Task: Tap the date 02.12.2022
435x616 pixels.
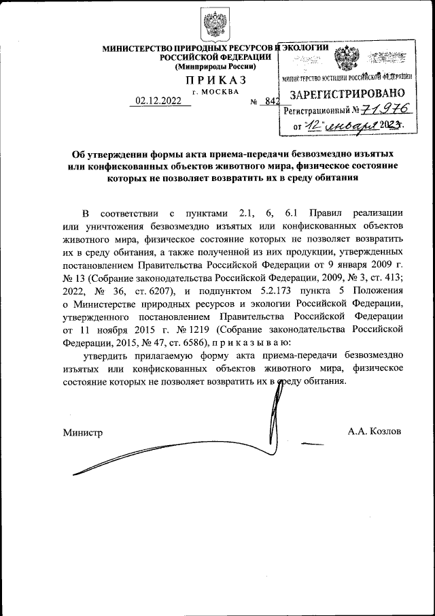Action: click(x=159, y=101)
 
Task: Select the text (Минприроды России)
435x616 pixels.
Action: click(x=215, y=67)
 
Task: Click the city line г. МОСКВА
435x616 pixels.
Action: click(x=215, y=91)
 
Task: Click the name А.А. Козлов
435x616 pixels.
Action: click(x=374, y=432)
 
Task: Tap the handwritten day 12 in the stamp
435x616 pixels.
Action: click(x=312, y=125)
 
